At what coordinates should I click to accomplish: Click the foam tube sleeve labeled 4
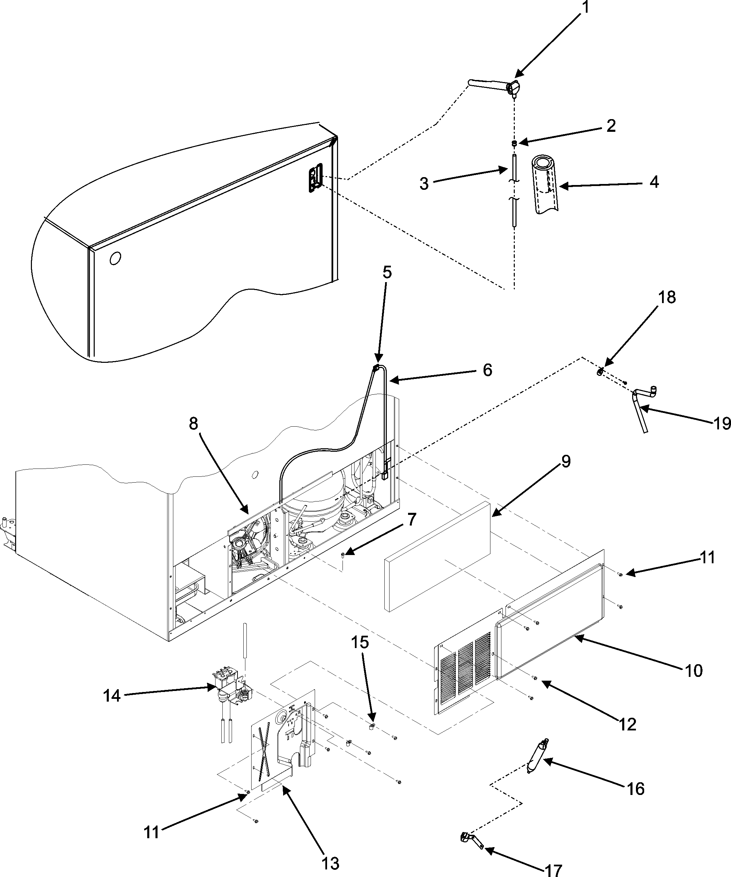pos(546,185)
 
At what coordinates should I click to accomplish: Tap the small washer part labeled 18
pos(600,371)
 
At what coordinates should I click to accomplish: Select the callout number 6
pos(488,370)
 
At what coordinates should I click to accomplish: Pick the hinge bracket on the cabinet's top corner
pos(316,177)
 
